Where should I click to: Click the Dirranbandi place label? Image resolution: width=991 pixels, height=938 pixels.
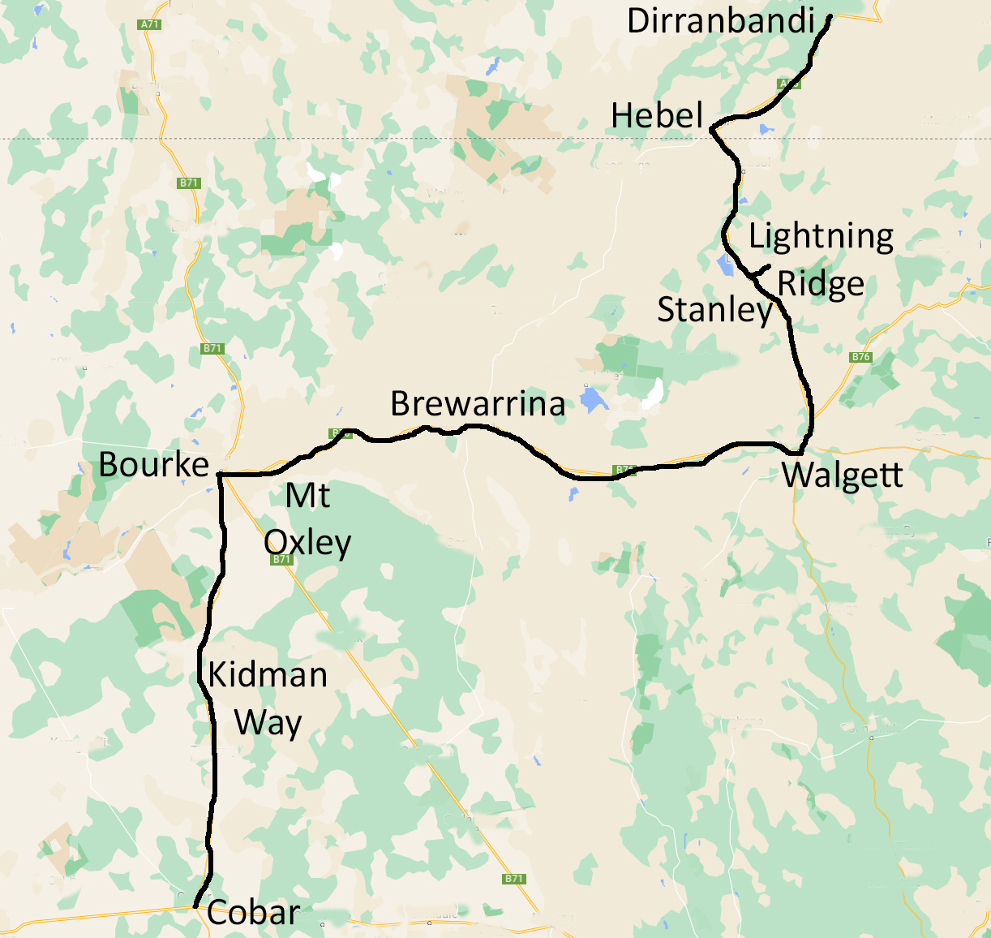[x=720, y=20]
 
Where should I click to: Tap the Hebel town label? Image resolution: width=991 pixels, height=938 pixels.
[x=657, y=115]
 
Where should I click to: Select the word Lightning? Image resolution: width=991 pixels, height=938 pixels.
[x=821, y=236]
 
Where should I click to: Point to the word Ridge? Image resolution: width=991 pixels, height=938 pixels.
[x=821, y=284]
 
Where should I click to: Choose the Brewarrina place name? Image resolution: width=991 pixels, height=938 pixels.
[x=478, y=403]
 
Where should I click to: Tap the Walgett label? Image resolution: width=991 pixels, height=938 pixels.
[x=843, y=475]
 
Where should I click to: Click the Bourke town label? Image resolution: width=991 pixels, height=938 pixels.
[x=154, y=465]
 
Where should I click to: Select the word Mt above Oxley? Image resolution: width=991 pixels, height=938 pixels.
[x=308, y=495]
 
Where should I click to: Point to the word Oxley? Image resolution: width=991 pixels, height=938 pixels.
[x=307, y=542]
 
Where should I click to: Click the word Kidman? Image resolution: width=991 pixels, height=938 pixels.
[x=268, y=674]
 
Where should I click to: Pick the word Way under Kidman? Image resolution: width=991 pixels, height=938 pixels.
[x=268, y=721]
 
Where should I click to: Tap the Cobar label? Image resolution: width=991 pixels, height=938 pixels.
[x=253, y=912]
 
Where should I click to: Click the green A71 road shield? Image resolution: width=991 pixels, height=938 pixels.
[x=150, y=24]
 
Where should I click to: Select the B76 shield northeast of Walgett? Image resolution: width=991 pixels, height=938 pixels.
[x=860, y=357]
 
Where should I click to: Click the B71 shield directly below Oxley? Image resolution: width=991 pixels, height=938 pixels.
[x=281, y=560]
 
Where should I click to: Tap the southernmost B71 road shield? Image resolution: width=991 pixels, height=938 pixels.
[x=513, y=879]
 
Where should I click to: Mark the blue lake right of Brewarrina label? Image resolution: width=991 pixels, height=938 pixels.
[x=594, y=400]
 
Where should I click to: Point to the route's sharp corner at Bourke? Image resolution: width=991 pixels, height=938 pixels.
[x=221, y=474]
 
